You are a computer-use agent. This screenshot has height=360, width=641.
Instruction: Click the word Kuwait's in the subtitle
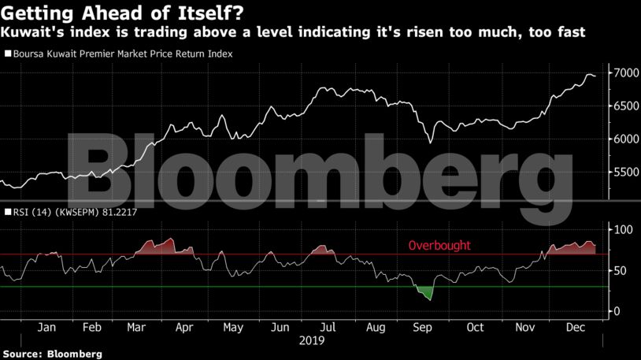click(30, 32)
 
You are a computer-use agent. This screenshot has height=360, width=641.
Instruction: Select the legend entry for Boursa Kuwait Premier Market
click(121, 54)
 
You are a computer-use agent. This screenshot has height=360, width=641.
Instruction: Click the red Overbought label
click(439, 246)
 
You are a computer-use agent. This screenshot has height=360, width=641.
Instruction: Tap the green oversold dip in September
click(427, 292)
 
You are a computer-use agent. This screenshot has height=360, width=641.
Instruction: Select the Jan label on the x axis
click(46, 327)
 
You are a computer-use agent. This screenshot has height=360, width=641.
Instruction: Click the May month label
click(232, 327)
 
